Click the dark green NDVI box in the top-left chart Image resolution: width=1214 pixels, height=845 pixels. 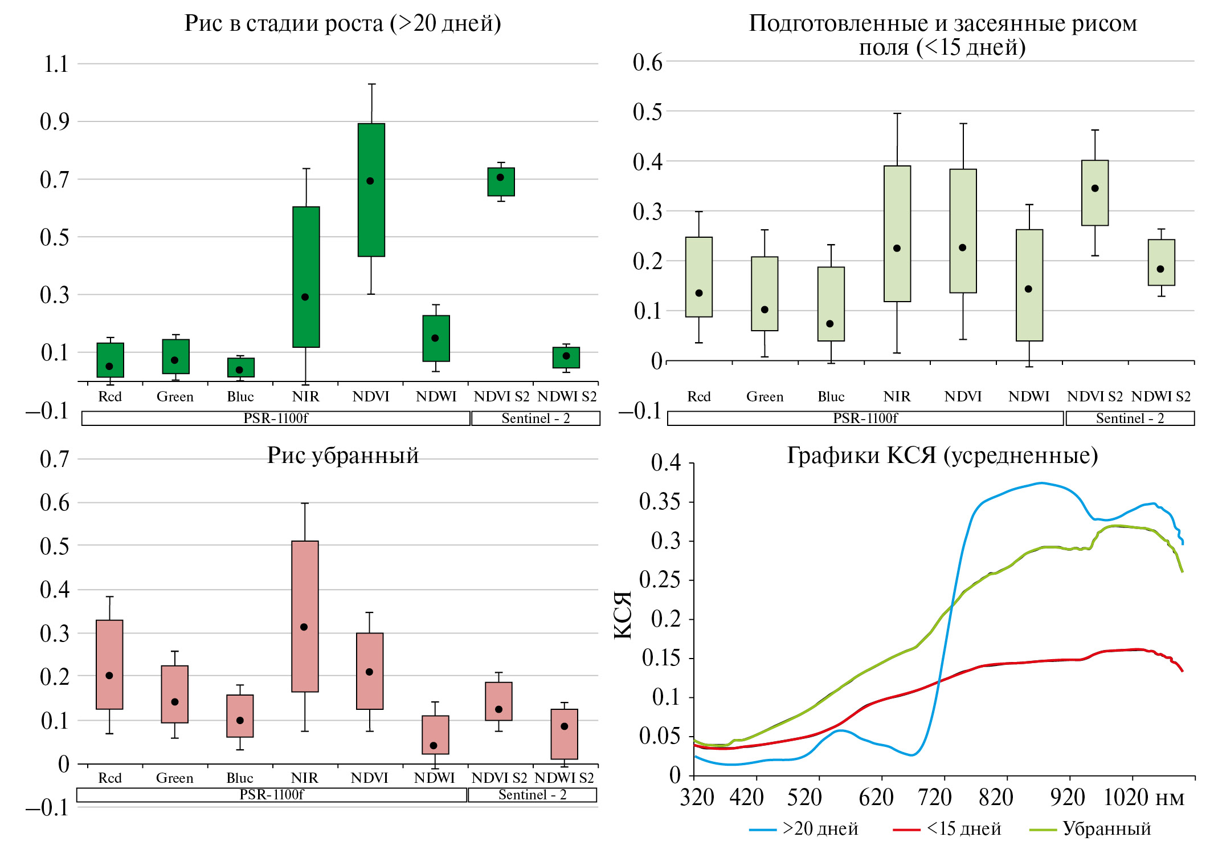371,217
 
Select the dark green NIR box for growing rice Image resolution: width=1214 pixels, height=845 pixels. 306,251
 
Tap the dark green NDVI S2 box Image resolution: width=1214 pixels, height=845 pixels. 501,188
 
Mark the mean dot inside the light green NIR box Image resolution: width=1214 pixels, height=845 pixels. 897,248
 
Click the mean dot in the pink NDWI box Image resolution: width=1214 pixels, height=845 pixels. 434,745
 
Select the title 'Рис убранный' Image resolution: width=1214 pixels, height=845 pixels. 343,456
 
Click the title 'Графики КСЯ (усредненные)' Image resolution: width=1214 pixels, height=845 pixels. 942,456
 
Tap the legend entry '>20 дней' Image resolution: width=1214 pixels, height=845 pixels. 820,828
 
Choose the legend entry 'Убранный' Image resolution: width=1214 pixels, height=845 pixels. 1106,828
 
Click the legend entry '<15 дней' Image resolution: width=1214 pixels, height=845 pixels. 963,828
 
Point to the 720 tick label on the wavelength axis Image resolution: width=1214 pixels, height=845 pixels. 935,797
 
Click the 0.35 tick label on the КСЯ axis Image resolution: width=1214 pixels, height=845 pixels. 660,502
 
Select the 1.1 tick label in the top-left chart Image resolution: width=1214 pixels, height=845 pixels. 56,64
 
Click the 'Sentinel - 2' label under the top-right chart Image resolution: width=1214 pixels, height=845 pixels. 1130,419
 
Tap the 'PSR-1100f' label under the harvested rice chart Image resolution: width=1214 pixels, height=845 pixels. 272,794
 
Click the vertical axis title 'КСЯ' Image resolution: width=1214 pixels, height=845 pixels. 623,615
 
